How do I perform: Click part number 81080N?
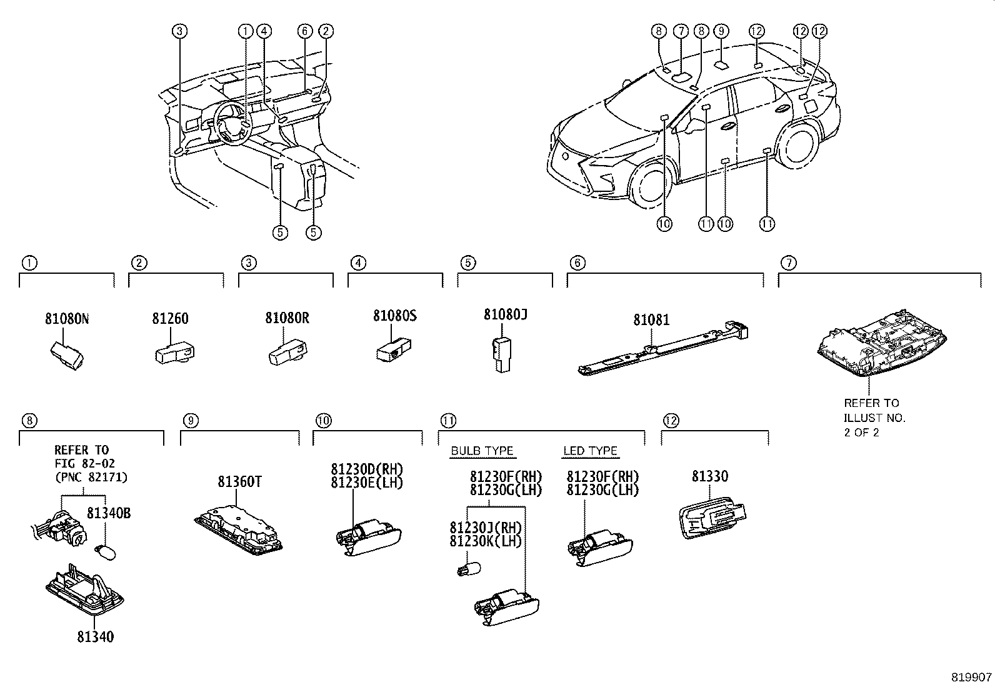coord(67,319)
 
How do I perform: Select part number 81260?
coord(170,319)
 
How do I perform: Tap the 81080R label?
coord(287,318)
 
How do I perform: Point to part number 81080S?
coord(394,316)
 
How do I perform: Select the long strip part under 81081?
coord(662,350)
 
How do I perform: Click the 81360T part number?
coord(239,482)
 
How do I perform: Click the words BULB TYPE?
coord(482,451)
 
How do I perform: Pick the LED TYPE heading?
coord(590,451)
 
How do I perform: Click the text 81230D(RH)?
coord(367,469)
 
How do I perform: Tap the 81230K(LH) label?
coord(486,541)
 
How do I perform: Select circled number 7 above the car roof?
coord(681,31)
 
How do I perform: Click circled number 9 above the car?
coord(721,31)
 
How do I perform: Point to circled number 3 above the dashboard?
coord(179,31)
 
